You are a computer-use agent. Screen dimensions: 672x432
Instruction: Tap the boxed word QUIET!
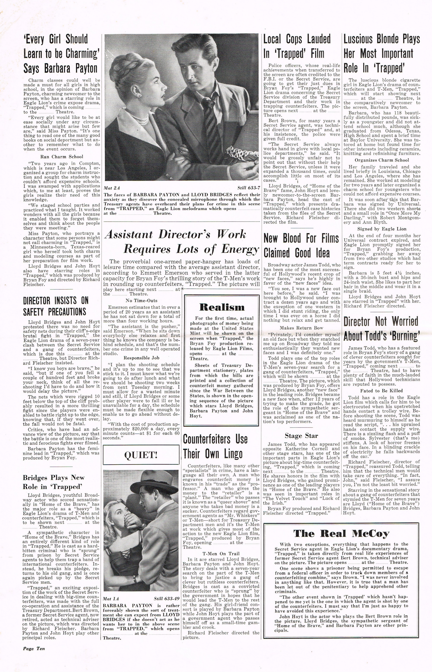(141, 454)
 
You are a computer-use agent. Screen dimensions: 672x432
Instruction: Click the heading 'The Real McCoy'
(341, 533)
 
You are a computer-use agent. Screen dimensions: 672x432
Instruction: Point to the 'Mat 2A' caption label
(112, 188)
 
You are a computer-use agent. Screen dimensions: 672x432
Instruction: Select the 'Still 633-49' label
(167, 599)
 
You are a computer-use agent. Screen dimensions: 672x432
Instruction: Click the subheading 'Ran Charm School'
(62, 157)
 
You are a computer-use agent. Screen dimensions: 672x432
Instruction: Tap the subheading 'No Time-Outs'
(141, 300)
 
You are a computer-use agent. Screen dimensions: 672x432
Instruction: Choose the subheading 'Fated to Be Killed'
(381, 391)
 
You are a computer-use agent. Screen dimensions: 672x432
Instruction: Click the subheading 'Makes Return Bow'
(301, 328)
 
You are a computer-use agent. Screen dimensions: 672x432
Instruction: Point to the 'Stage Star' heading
(301, 435)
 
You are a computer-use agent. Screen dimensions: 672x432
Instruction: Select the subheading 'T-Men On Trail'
(221, 554)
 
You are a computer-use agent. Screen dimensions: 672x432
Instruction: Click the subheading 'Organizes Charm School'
(382, 160)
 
